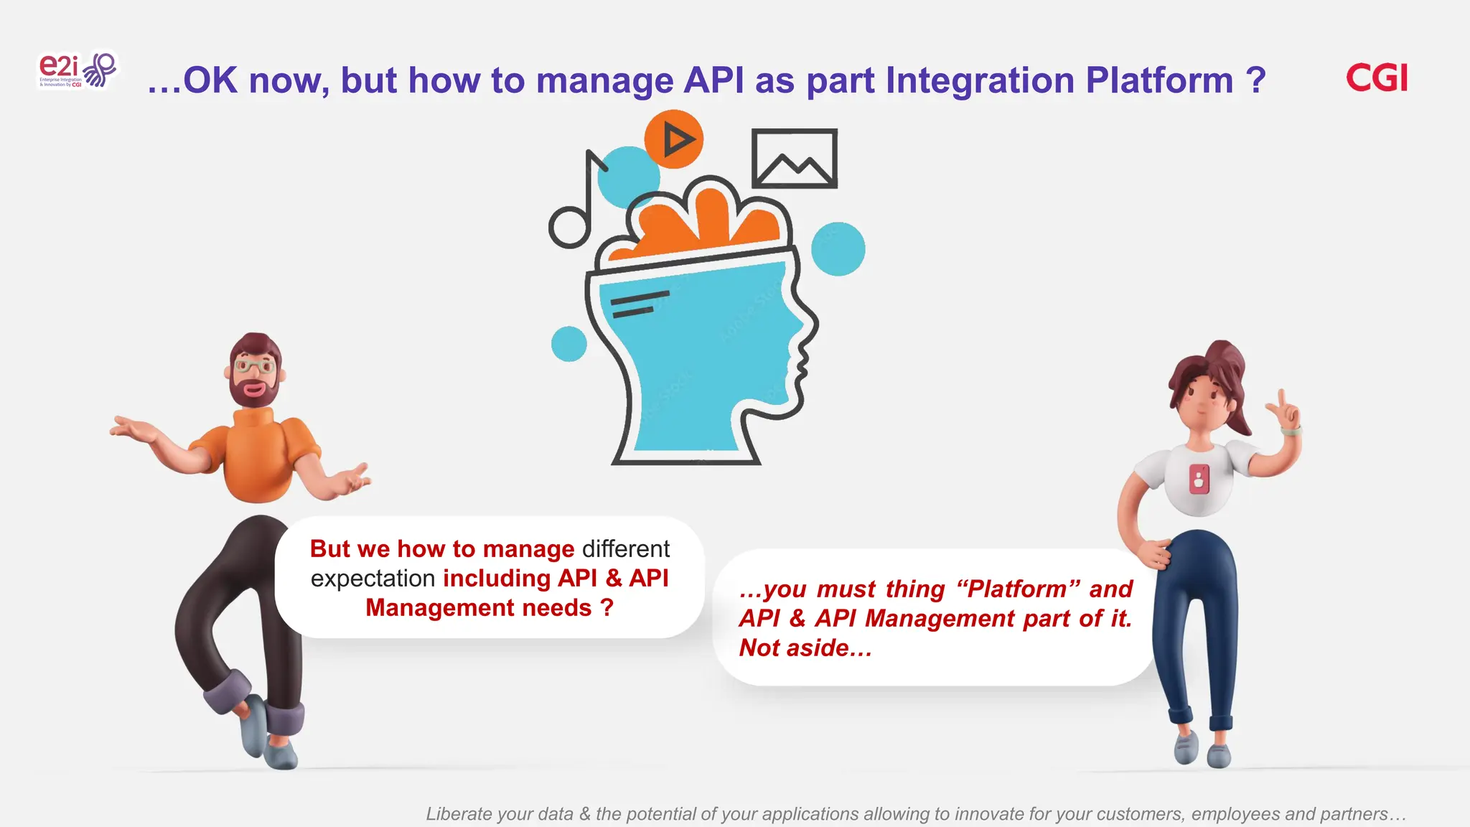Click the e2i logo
[76, 70]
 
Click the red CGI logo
[1376, 78]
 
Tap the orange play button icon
[673, 139]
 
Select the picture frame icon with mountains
[794, 159]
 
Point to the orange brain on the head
[703, 219]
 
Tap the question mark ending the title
[1255, 80]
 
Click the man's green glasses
[255, 367]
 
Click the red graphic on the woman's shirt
[1199, 478]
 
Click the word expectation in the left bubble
[373, 579]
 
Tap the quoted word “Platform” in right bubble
[1018, 589]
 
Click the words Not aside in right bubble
[804, 648]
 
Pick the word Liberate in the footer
[459, 814]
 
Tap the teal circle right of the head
[838, 249]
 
